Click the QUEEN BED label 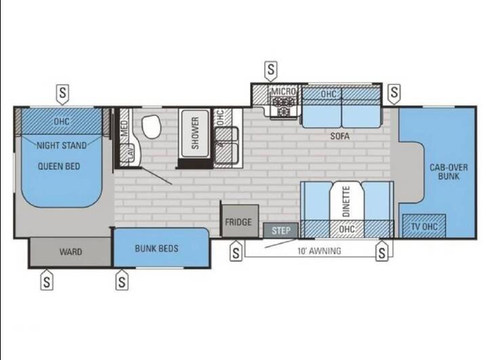59,166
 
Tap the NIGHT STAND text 62,146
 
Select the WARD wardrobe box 70,252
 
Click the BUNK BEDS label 157,249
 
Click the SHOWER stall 195,134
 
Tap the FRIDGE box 240,221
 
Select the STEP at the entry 281,231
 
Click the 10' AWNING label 319,251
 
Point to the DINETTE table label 346,201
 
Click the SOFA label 340,136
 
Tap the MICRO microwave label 283,92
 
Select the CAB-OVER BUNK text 449,172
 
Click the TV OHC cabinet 424,226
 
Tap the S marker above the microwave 271,69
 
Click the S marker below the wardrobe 47,280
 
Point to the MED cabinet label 124,128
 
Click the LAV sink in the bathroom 130,153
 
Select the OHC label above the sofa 328,94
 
